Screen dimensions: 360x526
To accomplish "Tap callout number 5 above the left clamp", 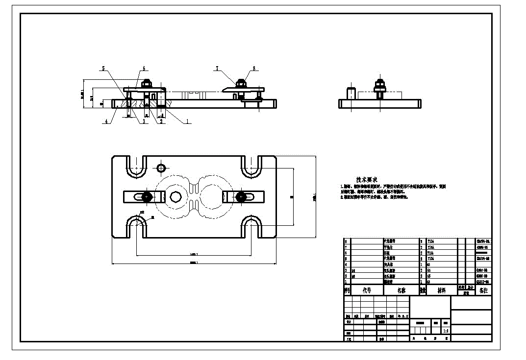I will (103, 69).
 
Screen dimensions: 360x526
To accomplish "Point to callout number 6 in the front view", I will (144, 69).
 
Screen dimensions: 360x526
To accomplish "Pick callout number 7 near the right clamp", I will (216, 69).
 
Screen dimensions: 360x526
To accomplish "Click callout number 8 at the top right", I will (254, 69).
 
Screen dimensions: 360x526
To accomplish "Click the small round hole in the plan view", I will (161, 168).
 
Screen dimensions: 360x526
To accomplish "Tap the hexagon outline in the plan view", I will (176, 196).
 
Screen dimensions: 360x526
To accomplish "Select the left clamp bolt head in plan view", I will (146, 196).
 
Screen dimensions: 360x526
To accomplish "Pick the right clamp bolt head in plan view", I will (240, 196).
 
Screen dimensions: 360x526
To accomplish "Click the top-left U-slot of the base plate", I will (136, 167).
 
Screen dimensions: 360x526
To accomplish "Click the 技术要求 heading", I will (367, 180).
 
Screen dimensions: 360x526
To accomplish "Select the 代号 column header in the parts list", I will (367, 290).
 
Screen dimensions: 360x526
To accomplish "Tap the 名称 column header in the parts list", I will (401, 290).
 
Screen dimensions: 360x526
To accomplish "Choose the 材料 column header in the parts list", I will (441, 290).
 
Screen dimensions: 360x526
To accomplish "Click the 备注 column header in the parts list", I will (483, 290).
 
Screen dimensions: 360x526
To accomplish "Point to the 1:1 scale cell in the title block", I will (446, 331).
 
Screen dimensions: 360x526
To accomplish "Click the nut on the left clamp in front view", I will (147, 83).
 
